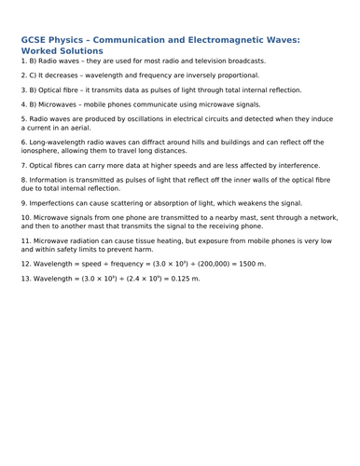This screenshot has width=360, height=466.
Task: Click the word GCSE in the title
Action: pos(35,40)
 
